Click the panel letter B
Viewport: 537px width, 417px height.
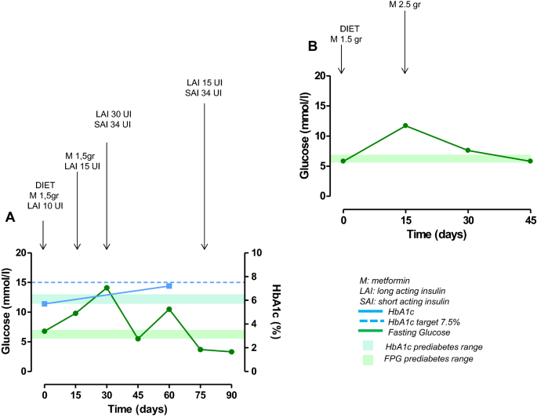(312, 46)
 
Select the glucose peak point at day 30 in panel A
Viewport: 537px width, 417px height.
(107, 288)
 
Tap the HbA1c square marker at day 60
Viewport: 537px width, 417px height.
(169, 286)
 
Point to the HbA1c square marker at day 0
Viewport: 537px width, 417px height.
(45, 303)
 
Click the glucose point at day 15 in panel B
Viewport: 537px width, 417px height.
(405, 125)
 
